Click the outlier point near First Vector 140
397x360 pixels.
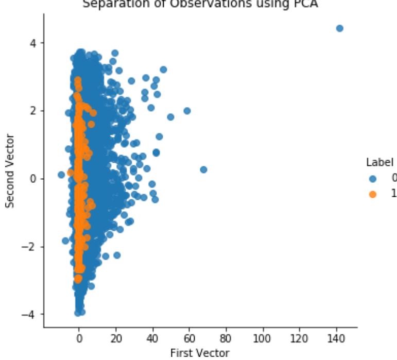(339, 28)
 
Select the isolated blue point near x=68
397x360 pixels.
(203, 169)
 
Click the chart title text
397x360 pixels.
(200, 5)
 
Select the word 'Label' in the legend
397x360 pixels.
(377, 162)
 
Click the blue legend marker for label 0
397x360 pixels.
(373, 179)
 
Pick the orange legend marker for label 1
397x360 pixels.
(373, 194)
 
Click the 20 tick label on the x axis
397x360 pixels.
(116, 339)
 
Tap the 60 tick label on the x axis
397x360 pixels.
(189, 339)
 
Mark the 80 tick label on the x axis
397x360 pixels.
(226, 339)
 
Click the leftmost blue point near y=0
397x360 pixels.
(61, 175)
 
